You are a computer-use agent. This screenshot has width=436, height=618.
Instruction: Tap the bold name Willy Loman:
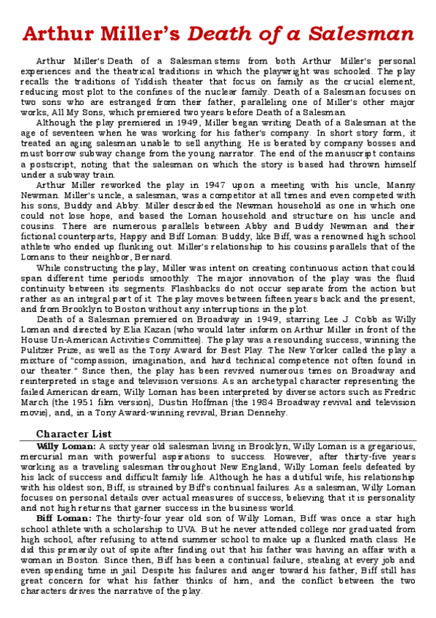[66, 446]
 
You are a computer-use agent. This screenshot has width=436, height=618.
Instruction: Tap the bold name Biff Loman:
[63, 517]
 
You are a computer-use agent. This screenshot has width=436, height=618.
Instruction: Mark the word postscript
[72, 165]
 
